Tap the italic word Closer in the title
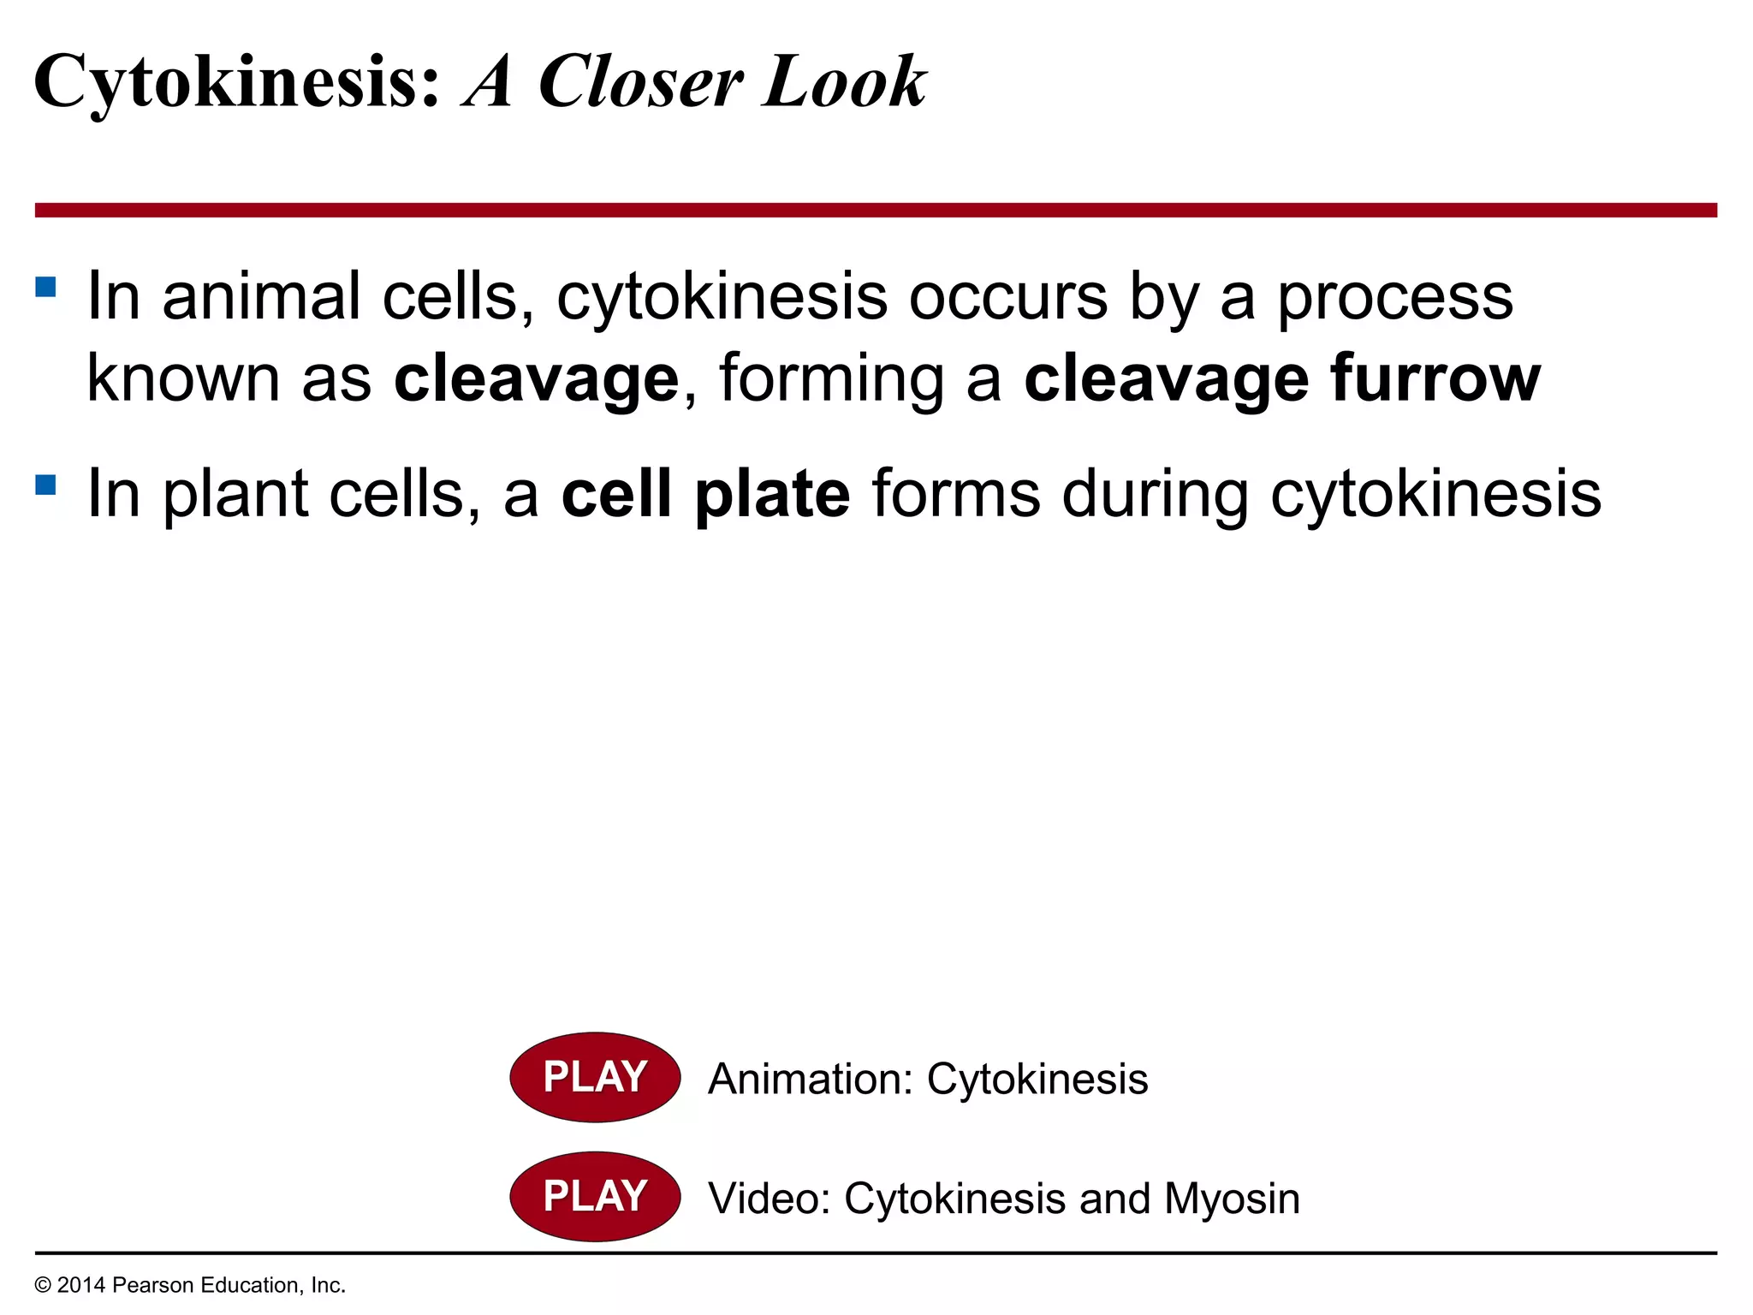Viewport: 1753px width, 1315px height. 639,82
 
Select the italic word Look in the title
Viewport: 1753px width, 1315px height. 844,82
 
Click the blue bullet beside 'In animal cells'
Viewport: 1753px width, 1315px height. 45,286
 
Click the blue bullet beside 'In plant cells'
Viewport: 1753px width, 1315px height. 45,485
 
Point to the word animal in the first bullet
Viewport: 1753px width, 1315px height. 261,296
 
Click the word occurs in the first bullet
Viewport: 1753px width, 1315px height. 1007,296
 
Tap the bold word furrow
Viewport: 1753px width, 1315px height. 1435,378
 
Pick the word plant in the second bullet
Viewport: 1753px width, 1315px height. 235,495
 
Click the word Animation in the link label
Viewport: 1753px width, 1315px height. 810,1079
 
